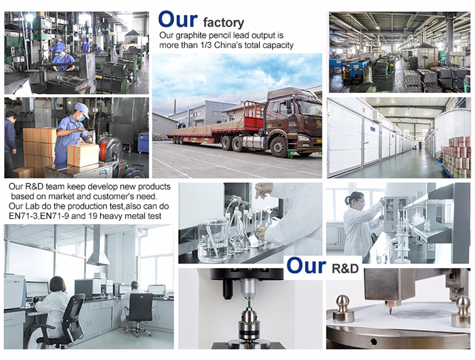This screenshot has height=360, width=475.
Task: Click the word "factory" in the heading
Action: point(224,23)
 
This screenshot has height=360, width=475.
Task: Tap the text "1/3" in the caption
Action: point(208,46)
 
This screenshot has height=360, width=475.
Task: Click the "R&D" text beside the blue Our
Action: point(345,268)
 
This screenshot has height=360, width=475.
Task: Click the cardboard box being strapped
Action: point(83,154)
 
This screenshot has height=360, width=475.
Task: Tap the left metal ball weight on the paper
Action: point(343,309)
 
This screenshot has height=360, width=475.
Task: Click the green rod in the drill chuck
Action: point(248,302)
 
